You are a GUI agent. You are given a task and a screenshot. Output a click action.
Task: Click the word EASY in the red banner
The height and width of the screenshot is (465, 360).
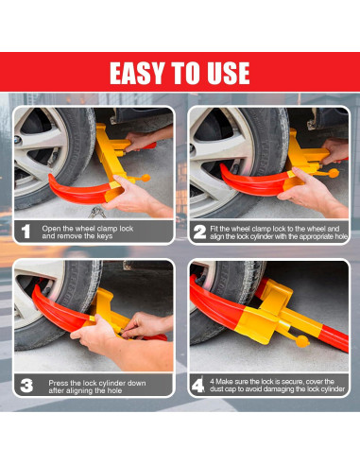click(137, 73)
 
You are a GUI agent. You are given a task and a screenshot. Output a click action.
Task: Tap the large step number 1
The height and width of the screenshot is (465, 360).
click(26, 232)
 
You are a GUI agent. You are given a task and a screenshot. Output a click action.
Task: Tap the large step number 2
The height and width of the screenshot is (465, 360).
click(199, 232)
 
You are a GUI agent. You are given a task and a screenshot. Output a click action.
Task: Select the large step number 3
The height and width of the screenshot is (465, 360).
click(26, 386)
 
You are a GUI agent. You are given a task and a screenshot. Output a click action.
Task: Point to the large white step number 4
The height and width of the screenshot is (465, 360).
click(198, 386)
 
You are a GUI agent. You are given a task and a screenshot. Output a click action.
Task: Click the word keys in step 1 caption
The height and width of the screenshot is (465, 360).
click(105, 236)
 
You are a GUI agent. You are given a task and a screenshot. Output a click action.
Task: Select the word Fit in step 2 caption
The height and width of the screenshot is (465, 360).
click(214, 229)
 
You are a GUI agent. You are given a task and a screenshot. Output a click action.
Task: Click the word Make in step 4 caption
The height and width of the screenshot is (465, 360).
click(224, 382)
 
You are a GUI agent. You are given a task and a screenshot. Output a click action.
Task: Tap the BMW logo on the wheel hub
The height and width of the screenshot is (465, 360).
click(18, 140)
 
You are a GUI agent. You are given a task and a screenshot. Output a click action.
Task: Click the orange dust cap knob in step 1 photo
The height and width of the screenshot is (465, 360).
click(146, 178)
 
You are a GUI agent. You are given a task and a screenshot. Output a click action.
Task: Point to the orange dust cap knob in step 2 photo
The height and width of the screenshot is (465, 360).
click(334, 173)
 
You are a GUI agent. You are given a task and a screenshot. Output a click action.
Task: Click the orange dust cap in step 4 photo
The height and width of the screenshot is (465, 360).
click(302, 341)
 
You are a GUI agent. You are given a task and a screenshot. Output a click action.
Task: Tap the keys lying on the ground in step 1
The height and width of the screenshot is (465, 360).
click(96, 213)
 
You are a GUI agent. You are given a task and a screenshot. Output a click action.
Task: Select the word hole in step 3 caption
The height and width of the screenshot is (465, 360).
click(115, 390)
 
